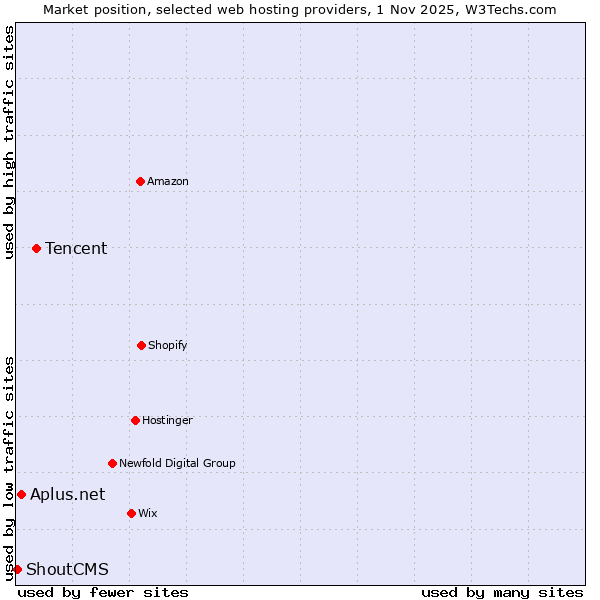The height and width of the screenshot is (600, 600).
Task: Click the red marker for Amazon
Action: (x=140, y=181)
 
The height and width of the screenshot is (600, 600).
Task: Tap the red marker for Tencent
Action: (x=36, y=248)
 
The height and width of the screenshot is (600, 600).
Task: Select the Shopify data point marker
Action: (x=141, y=345)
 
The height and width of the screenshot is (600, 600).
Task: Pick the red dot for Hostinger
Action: (x=135, y=420)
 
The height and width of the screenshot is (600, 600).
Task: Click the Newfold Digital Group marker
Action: (x=112, y=463)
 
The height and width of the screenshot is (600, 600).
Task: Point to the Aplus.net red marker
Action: (x=21, y=494)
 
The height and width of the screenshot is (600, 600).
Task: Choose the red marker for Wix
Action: (x=131, y=513)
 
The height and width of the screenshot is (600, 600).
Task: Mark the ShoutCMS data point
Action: (x=17, y=569)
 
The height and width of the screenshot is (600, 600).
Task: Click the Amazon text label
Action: (x=168, y=181)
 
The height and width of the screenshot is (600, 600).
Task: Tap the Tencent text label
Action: (x=76, y=248)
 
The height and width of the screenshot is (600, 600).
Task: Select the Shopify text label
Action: (x=168, y=345)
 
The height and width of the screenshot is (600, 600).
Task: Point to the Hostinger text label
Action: (x=167, y=420)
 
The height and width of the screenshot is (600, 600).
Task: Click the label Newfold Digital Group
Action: (x=177, y=463)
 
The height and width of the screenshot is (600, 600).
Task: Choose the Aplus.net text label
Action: (x=67, y=494)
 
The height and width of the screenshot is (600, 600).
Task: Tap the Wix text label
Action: (x=148, y=513)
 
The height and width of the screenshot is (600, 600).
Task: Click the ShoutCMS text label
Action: (x=67, y=569)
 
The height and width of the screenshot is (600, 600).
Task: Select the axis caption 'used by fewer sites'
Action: (x=103, y=592)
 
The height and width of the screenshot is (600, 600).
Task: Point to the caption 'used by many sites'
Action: (x=502, y=592)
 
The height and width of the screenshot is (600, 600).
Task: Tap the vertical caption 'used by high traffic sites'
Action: (x=9, y=142)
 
